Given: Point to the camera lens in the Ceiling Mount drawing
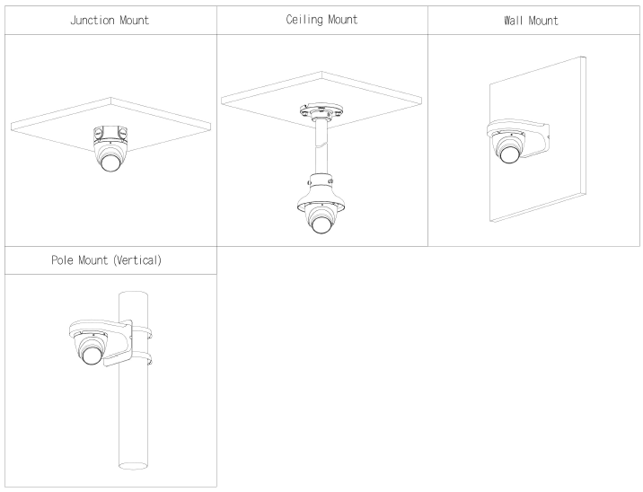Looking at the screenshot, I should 321,223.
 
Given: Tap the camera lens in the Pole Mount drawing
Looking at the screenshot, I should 92,356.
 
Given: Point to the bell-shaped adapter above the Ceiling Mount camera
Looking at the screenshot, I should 321,184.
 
